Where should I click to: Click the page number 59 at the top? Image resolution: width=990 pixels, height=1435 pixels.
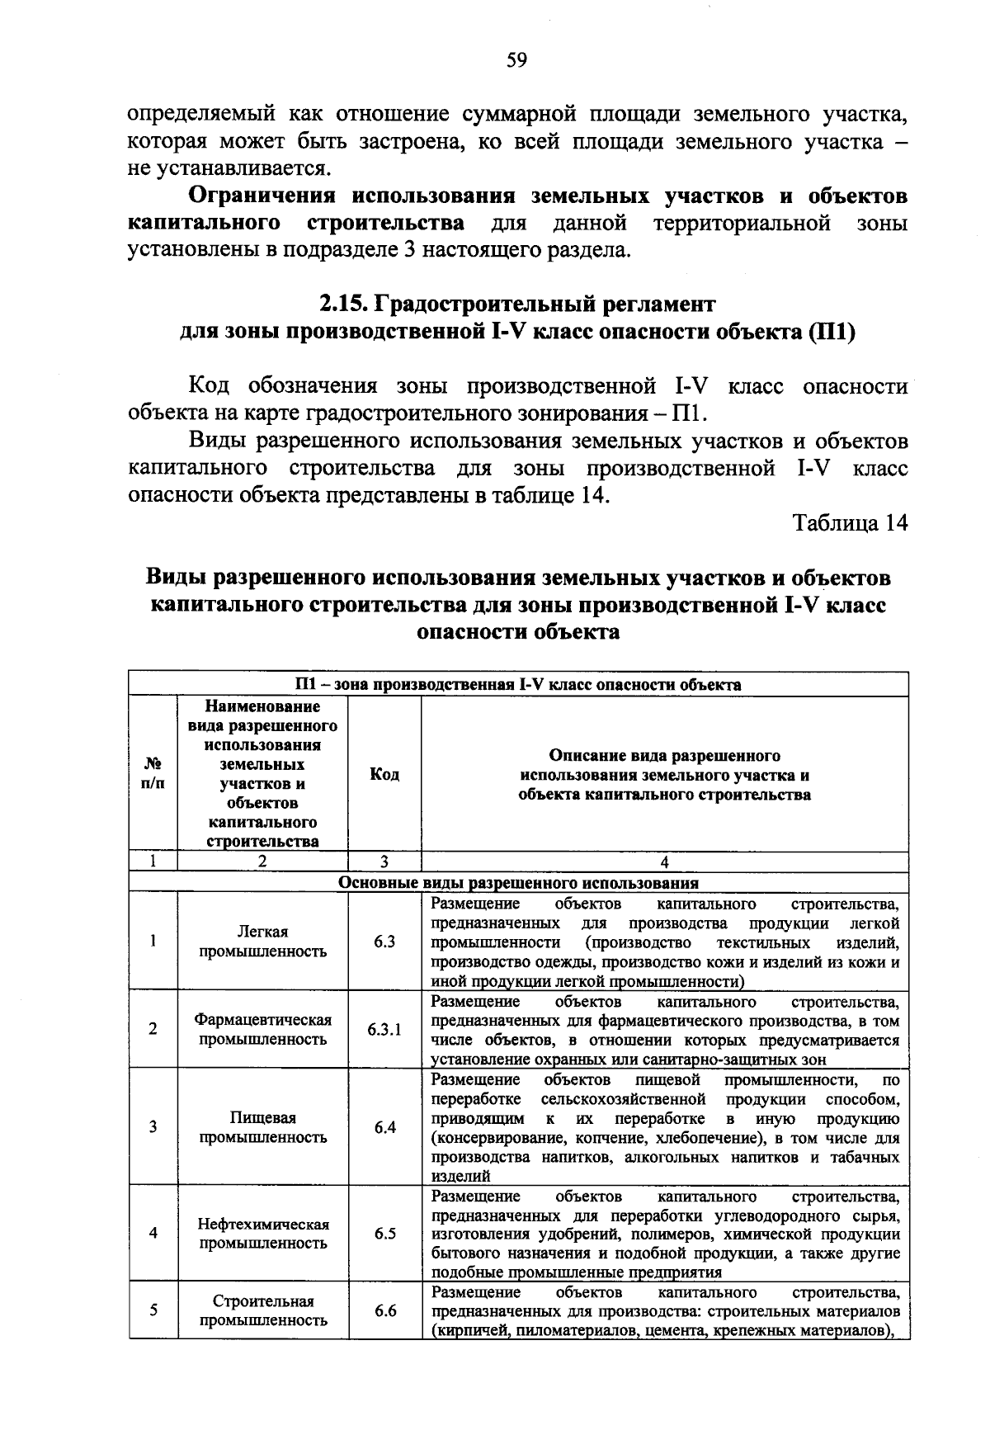[x=516, y=59]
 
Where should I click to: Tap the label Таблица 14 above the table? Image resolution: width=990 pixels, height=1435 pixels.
[x=849, y=522]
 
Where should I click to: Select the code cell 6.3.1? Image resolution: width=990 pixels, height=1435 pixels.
[x=384, y=1030]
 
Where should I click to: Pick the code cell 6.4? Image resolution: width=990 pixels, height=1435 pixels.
[x=384, y=1127]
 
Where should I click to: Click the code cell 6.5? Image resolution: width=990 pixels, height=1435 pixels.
[x=384, y=1234]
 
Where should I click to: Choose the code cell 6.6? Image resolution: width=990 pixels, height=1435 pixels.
[x=384, y=1310]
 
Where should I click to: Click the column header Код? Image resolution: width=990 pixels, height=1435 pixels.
[x=384, y=774]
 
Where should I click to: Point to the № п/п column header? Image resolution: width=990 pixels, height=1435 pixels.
[x=153, y=774]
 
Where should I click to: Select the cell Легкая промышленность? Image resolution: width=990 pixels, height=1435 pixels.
[x=262, y=942]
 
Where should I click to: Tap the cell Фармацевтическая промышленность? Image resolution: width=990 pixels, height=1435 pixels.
[x=262, y=1030]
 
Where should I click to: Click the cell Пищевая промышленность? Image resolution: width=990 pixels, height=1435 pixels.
[x=262, y=1127]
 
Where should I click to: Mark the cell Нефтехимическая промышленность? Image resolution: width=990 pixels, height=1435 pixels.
[x=262, y=1234]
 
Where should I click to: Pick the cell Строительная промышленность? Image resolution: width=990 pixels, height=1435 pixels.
[x=262, y=1310]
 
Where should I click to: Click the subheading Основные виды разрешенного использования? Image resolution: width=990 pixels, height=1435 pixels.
[x=518, y=882]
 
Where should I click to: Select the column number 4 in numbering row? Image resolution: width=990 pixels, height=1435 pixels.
[x=664, y=861]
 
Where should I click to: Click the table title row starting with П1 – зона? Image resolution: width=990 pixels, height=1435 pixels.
[x=518, y=684]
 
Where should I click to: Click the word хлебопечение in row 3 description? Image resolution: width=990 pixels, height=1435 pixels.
[x=710, y=1138]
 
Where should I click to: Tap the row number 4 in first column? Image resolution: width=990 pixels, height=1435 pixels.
[x=153, y=1234]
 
